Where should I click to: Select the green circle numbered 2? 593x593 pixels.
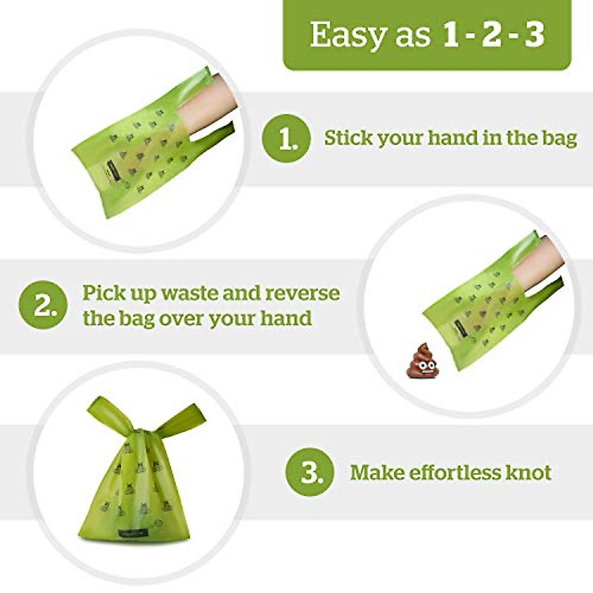pyautogui.click(x=42, y=305)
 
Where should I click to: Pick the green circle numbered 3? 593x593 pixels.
pyautogui.click(x=310, y=472)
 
